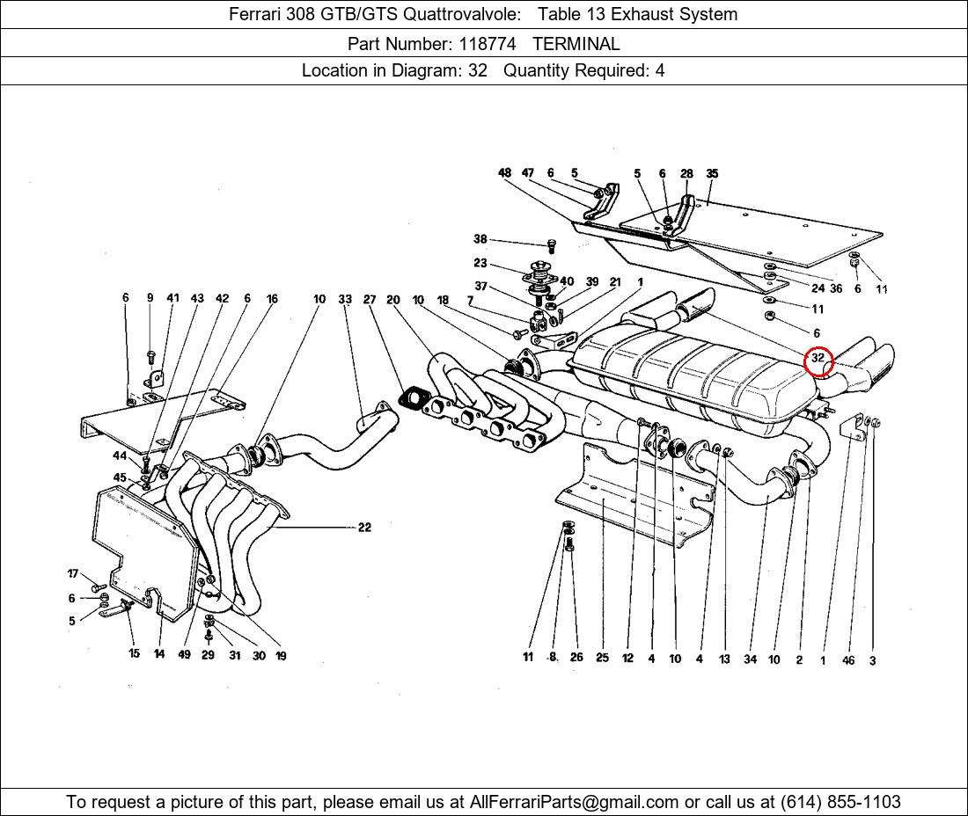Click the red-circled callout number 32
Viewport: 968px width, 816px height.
point(818,359)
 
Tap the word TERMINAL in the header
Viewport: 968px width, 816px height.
point(576,43)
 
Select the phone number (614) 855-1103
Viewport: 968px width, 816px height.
point(840,801)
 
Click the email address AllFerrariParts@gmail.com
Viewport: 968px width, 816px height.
point(575,801)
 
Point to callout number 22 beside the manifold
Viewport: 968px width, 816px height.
point(364,528)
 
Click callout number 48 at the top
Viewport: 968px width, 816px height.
point(504,173)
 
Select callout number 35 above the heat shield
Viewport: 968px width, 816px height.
point(712,173)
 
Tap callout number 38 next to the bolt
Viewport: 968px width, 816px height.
point(480,239)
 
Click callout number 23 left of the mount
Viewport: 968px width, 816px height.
point(480,263)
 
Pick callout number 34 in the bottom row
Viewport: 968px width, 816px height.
point(750,659)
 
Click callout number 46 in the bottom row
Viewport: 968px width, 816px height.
point(848,660)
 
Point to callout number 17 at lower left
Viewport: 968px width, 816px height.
point(73,574)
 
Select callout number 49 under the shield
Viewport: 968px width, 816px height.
point(184,654)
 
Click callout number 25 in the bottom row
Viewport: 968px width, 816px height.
point(602,658)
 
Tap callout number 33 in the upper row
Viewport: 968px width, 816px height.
point(345,299)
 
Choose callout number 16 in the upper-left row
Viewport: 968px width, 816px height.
point(272,299)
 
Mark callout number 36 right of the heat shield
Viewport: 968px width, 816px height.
point(836,288)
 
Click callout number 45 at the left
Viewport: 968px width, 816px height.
point(120,477)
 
